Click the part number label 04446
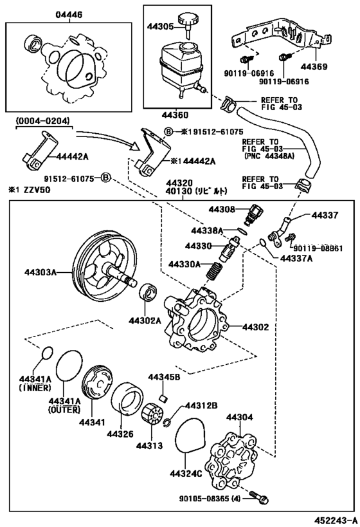pos(69,15)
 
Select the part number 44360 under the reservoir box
pos(175,115)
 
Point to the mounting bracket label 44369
pos(314,66)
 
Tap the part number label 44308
pos(222,209)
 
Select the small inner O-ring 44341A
pos(47,353)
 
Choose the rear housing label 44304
pos(239,417)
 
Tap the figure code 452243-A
pos(336,520)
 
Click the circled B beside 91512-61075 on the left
pos(105,178)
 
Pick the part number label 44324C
pos(186,474)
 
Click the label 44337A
pos(296,258)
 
